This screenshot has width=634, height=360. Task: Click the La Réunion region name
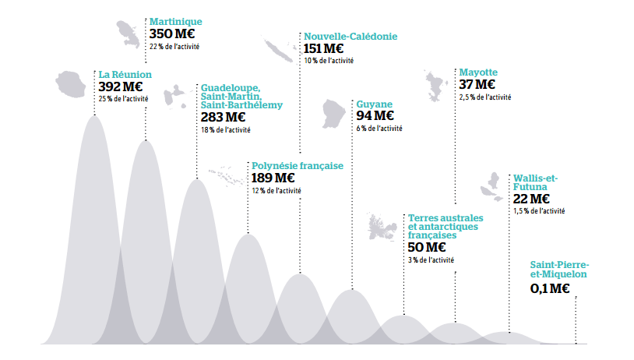[125, 75]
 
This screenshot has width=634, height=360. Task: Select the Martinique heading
[175, 23]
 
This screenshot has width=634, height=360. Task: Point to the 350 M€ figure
[172, 34]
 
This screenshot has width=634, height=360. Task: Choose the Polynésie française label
[297, 166]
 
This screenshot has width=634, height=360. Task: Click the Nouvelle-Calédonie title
[350, 36]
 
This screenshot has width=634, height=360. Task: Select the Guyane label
[374, 104]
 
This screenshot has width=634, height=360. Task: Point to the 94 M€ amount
[375, 116]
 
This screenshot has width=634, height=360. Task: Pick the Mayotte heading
[478, 72]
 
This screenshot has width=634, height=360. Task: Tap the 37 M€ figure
[477, 84]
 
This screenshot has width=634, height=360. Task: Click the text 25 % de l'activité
[125, 98]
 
